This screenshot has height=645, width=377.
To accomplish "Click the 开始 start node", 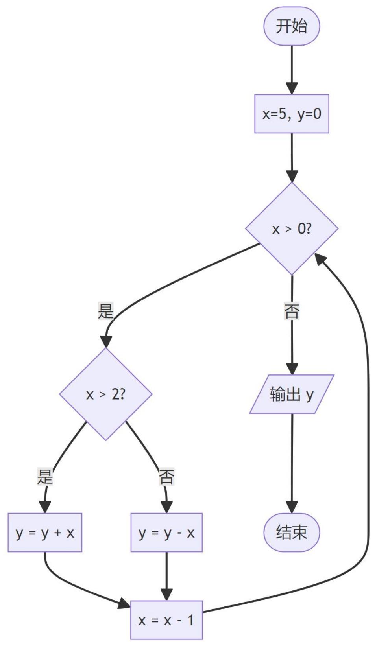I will (291, 26).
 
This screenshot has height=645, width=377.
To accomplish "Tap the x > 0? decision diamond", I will (292, 229).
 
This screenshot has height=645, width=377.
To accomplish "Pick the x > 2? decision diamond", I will (105, 394).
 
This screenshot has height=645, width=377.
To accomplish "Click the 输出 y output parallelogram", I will (292, 394).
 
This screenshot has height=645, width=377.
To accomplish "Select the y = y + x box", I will (45, 533).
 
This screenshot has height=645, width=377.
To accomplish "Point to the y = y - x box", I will (166, 533).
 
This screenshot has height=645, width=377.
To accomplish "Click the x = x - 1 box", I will (166, 620).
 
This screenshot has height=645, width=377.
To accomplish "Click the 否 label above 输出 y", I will (292, 311).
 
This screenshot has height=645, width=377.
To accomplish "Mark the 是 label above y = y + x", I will (45, 477).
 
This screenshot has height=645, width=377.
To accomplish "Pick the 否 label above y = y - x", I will (166, 477).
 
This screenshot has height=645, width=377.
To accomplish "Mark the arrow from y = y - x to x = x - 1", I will (166, 576).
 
